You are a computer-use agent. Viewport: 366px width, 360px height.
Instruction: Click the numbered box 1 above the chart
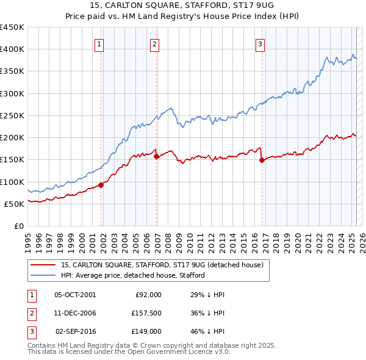point(99,43)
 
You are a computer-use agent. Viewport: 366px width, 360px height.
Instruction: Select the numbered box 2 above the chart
point(155,43)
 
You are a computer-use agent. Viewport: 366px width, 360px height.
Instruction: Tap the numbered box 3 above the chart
point(260,43)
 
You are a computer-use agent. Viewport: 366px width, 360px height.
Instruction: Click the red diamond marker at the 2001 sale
point(101,185)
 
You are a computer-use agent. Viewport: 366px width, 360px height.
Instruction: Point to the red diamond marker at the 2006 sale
point(157,157)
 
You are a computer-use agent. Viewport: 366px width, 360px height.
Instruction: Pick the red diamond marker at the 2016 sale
point(262,160)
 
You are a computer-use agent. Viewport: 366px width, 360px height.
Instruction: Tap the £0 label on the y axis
point(18,226)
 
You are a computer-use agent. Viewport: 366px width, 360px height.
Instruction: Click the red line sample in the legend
point(43,265)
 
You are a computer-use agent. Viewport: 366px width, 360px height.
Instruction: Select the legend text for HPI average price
point(132,275)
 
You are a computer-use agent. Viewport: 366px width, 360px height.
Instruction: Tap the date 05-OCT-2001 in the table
point(75,294)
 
